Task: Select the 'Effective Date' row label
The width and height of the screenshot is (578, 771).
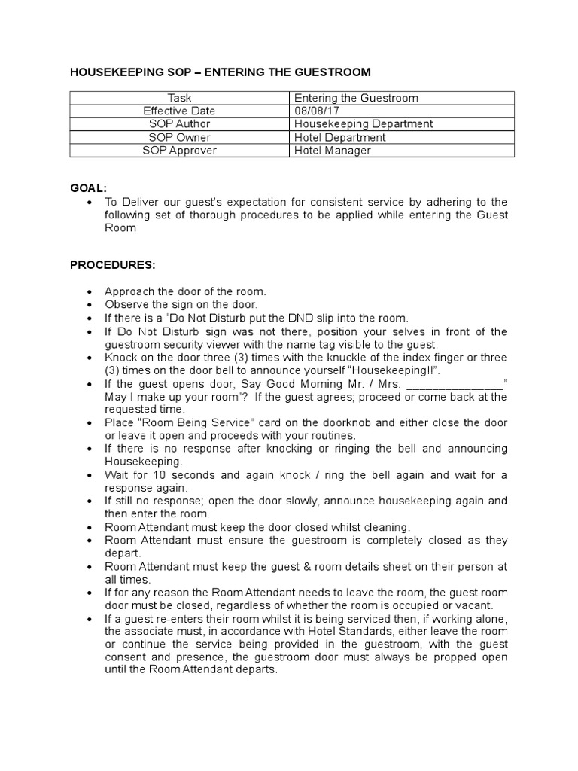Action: (179, 111)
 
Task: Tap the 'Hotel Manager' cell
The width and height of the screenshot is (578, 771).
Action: (333, 150)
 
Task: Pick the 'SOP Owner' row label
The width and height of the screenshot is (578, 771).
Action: (179, 137)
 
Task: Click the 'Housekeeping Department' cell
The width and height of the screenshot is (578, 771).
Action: (364, 123)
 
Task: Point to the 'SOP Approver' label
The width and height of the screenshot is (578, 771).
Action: (179, 150)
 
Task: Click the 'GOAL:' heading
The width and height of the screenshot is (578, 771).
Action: (89, 187)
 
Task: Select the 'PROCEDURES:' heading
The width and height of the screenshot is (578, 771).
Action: (113, 265)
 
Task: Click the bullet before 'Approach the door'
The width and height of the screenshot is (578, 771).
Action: (90, 292)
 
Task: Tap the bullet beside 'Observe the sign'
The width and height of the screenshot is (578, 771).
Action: (90, 305)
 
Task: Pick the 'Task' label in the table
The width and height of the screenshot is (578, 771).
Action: (179, 98)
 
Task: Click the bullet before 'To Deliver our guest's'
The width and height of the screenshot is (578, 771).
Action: (90, 202)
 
